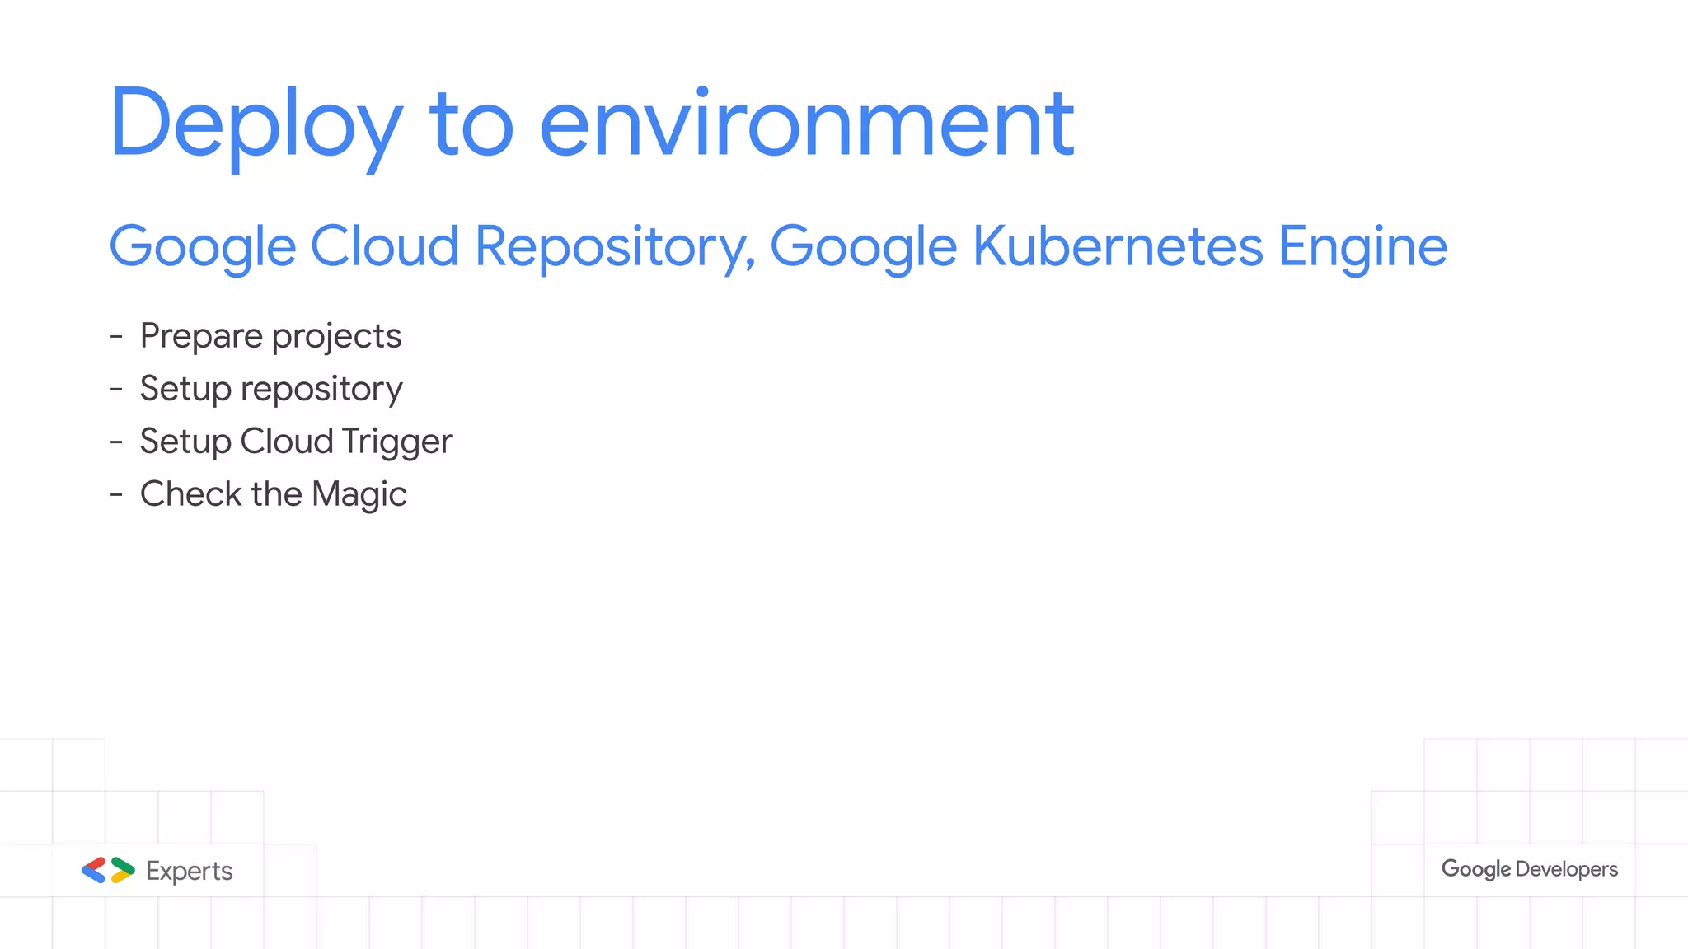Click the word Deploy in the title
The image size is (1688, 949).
tap(256, 124)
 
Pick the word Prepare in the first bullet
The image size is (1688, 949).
tap(201, 336)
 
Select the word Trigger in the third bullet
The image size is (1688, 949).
tap(396, 442)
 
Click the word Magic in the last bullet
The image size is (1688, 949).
tap(359, 494)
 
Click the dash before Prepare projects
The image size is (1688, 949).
tap(116, 336)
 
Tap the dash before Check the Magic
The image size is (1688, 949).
tap(116, 494)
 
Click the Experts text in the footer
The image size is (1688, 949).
tap(190, 871)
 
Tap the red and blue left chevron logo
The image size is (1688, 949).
tap(94, 870)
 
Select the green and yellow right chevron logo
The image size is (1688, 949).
tap(122, 870)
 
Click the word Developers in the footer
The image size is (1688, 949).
tap(1567, 869)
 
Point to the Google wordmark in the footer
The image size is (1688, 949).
tap(1475, 869)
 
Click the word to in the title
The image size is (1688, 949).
tap(471, 124)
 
